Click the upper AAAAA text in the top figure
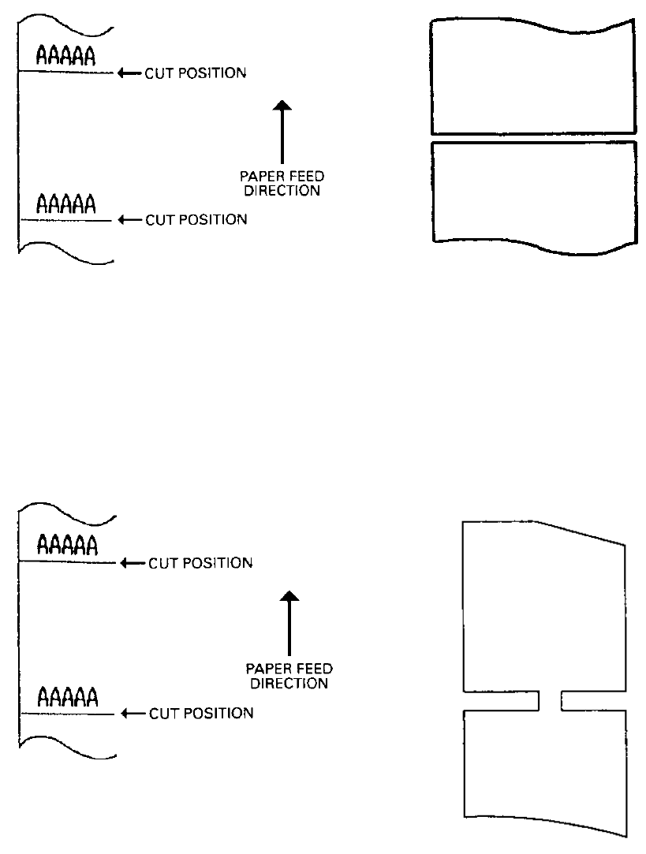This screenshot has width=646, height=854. [65, 55]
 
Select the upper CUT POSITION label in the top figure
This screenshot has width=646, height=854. [195, 73]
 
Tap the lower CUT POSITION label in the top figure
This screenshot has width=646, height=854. [196, 220]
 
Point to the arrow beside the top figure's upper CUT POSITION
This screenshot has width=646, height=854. [129, 73]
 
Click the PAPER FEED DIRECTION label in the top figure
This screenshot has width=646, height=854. [282, 183]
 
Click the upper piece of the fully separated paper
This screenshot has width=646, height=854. [533, 79]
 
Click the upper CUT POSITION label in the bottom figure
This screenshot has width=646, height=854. [200, 563]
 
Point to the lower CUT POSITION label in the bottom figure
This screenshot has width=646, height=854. [200, 713]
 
